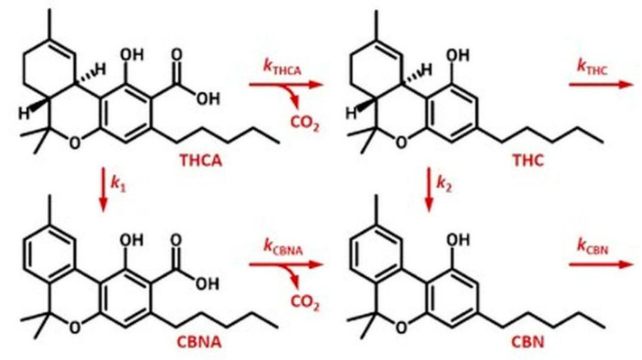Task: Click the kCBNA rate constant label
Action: coord(284,246)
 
